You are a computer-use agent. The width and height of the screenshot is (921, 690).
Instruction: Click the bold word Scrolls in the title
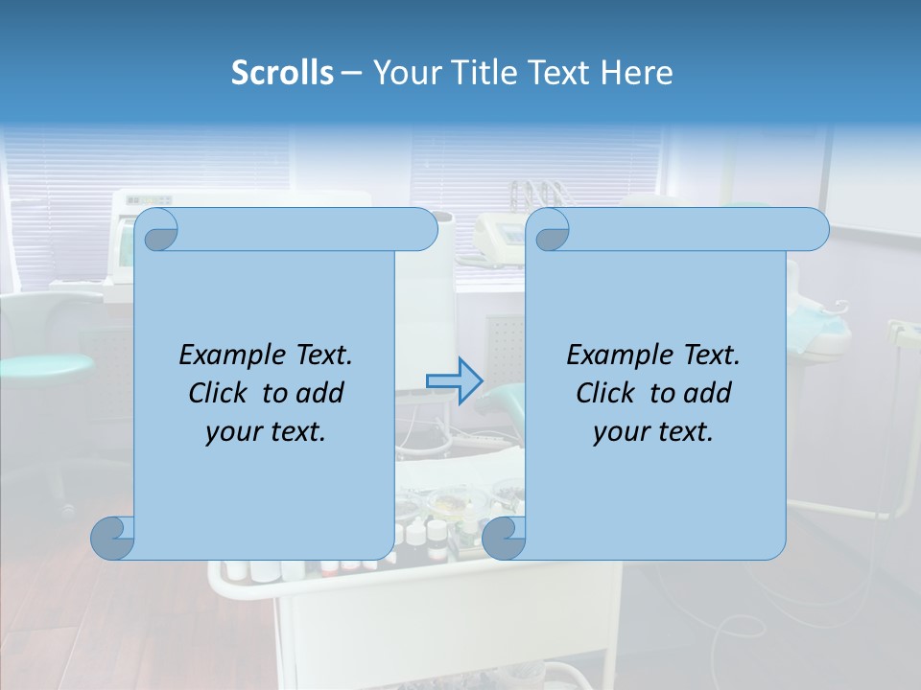[x=283, y=73]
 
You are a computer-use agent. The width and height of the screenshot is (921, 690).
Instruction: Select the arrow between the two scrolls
[x=453, y=381]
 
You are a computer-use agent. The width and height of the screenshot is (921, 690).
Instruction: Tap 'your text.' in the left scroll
[x=266, y=432]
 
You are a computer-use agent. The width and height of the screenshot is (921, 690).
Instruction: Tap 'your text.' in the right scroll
[x=653, y=432]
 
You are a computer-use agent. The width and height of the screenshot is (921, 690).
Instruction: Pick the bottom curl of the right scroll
[x=504, y=538]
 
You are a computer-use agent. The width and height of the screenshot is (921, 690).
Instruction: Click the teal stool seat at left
[x=48, y=365]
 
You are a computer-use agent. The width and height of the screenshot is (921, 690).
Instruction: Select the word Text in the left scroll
[x=321, y=355]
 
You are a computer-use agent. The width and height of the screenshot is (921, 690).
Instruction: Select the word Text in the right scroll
[x=709, y=355]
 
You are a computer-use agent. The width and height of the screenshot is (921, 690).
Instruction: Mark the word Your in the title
[x=402, y=73]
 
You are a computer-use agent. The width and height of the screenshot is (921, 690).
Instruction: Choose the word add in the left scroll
[x=319, y=393]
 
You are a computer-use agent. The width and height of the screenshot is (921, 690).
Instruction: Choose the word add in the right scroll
[x=707, y=393]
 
